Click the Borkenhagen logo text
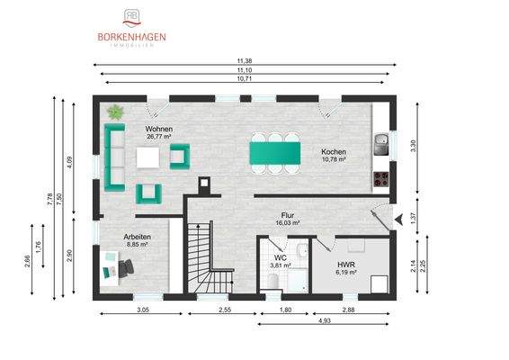[131, 37]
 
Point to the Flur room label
[289, 217]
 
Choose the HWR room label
[347, 265]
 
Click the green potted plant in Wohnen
[115, 113]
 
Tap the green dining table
[274, 149]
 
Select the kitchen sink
[381, 141]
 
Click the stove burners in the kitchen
[381, 177]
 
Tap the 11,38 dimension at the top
[245, 62]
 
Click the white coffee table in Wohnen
[148, 157]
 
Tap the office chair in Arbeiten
[127, 265]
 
